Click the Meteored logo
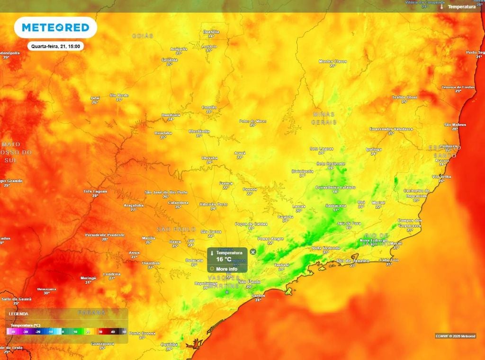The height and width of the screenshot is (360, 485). [x=55, y=28]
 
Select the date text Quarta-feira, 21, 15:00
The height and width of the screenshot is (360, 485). [x=55, y=46]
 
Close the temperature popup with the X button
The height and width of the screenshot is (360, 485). [x=253, y=252]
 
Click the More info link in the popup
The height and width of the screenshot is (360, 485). [x=226, y=269]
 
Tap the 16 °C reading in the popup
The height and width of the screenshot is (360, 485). [x=224, y=259]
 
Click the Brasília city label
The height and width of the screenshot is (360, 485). [x=211, y=32]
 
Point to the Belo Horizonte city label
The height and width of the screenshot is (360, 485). [x=331, y=164]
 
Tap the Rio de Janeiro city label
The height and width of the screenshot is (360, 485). [x=352, y=261]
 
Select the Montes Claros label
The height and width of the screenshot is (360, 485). [x=332, y=61]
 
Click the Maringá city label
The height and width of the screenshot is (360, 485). [x=88, y=278]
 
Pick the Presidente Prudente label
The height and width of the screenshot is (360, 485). [x=105, y=235]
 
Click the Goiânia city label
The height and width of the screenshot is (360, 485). [x=169, y=60]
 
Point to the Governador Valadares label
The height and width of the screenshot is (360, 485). [x=391, y=129]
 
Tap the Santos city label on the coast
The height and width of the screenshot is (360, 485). [x=259, y=296]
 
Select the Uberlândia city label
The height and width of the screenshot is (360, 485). [x=199, y=131]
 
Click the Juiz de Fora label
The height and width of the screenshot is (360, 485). [x=349, y=223]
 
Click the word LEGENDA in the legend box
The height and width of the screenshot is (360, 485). [x=18, y=314]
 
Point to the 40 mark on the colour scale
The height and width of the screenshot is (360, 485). [x=113, y=332]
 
